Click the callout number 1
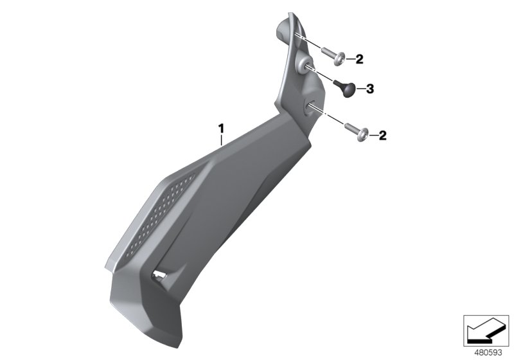222,129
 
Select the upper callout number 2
359,59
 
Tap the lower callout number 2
382,136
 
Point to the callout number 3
370,89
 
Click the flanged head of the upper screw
341,59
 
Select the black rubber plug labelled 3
345,89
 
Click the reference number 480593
488,352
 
